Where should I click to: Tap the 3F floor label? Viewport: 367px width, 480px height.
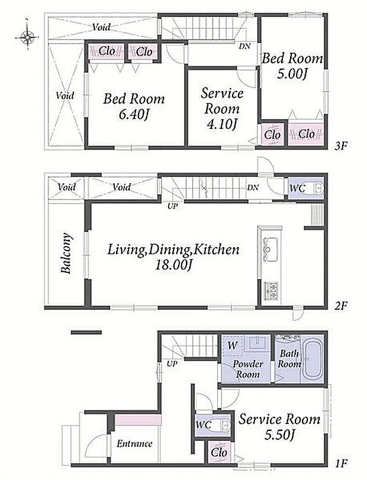[340, 146]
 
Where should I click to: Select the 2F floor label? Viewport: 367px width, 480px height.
[340, 306]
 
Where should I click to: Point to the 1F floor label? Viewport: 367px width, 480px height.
[340, 463]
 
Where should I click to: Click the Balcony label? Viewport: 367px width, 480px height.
[66, 254]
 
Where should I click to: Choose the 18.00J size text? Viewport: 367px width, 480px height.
[173, 265]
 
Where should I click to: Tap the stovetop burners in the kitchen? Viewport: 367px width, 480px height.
[271, 291]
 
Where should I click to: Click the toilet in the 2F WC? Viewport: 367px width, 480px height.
[314, 188]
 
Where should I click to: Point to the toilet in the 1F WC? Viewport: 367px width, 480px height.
[221, 424]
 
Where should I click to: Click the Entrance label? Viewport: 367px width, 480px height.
[134, 443]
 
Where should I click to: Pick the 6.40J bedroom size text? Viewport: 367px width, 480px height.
[134, 115]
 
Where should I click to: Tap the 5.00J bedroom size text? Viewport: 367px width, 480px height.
[292, 74]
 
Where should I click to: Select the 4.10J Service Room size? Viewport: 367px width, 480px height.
[222, 125]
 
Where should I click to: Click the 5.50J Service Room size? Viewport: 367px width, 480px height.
[279, 435]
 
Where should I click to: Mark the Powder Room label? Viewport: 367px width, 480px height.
[248, 369]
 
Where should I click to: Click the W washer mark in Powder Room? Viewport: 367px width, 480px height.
[233, 346]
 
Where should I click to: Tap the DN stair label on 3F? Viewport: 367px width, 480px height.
[244, 47]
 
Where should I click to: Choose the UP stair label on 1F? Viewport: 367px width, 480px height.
[172, 364]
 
